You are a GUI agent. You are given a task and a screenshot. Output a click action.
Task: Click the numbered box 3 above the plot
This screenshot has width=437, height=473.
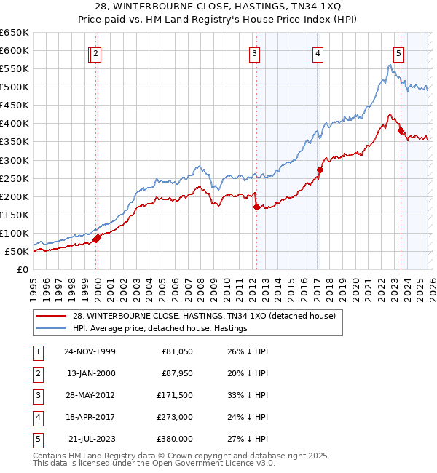tap(254, 52)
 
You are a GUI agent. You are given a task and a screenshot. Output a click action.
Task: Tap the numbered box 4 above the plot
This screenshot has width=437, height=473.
tap(319, 52)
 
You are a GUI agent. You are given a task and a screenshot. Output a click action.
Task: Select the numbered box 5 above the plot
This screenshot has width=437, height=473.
tap(399, 52)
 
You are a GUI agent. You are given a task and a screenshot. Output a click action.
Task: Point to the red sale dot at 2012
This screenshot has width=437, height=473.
tap(256, 207)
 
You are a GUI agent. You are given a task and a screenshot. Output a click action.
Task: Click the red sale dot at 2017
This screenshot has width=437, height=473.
tap(320, 170)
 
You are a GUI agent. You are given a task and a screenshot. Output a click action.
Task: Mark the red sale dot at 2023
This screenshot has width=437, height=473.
tap(401, 131)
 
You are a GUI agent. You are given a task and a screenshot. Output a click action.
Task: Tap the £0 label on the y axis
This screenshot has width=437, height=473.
tap(22, 270)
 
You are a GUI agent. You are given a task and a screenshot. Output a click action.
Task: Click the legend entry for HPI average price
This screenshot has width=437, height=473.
tap(160, 328)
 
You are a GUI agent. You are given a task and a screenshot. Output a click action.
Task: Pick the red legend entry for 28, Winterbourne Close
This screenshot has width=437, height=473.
tap(204, 316)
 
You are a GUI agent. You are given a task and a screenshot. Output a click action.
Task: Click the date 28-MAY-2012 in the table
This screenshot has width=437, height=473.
tap(90, 395)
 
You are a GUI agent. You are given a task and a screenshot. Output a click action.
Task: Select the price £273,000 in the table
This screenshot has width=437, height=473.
tap(175, 417)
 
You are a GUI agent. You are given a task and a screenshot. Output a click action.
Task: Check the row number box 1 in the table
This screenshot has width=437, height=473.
tap(36, 351)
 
